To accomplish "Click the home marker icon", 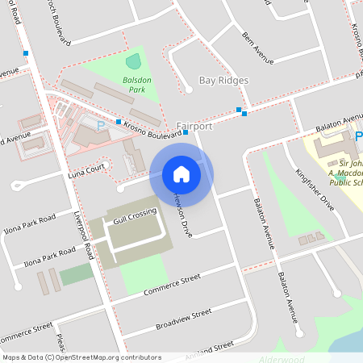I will [x=181, y=173].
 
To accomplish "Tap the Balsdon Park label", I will [x=127, y=84].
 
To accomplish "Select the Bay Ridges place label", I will [x=223, y=81].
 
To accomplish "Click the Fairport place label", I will [x=194, y=126].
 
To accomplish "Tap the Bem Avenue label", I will [x=257, y=46].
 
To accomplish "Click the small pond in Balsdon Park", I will [x=133, y=61].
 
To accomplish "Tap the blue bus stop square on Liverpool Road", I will [x=27, y=54].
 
